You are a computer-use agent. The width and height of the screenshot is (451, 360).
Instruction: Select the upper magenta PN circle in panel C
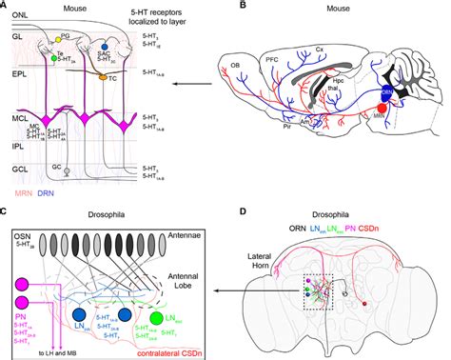click(20, 283)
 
